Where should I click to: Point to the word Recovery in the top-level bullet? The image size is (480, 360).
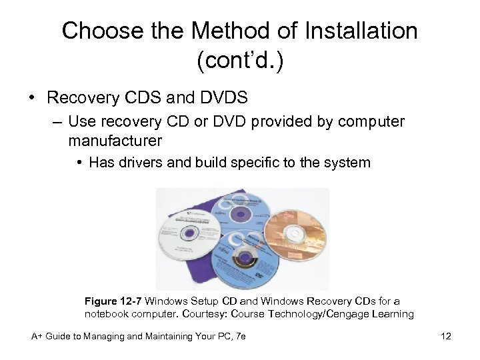pos(76,98)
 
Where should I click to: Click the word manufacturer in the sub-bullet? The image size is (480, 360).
pos(115,141)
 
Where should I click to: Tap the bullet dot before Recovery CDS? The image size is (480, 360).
pos(32,98)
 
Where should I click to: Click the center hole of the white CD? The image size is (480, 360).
pos(189,234)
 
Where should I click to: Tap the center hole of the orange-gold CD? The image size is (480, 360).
pos(295,234)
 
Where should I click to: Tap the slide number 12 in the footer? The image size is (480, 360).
pos(446,337)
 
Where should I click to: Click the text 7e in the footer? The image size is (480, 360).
pos(241,337)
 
